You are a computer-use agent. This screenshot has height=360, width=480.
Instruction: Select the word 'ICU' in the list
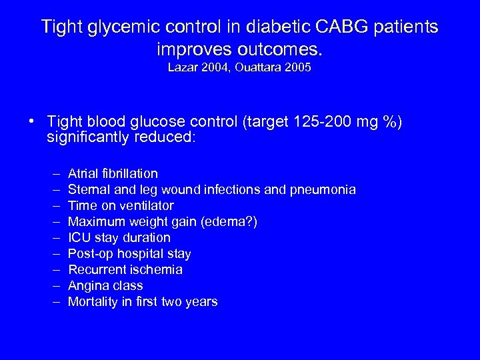[x=79, y=238]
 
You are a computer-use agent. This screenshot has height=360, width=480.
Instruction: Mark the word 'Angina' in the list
[x=87, y=286]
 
